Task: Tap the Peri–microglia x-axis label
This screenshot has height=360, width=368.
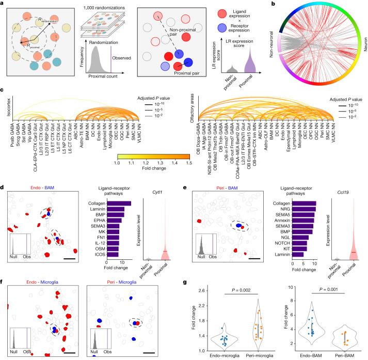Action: [252, 354]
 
